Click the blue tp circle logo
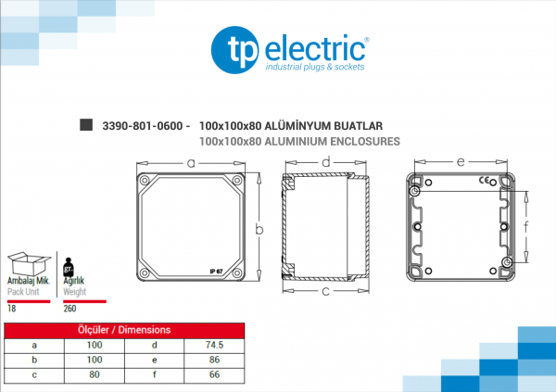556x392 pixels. (x=234, y=50)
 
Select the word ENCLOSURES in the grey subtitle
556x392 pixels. (x=365, y=142)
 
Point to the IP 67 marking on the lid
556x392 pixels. (x=216, y=272)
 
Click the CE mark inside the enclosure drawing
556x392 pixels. (x=484, y=180)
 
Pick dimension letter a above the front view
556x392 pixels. (x=191, y=163)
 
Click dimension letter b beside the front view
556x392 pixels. (x=259, y=230)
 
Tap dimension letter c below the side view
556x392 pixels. (x=325, y=291)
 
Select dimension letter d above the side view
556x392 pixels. (x=326, y=162)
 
